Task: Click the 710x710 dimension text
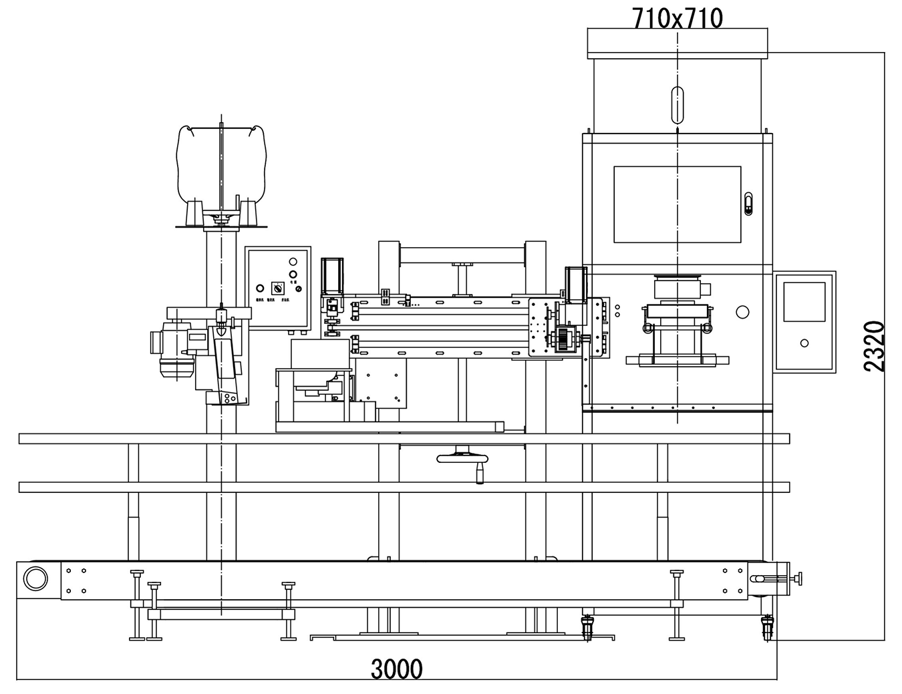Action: tap(677, 19)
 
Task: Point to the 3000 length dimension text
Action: tap(397, 668)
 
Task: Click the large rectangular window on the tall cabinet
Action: tap(677, 204)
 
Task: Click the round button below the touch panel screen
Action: tap(804, 343)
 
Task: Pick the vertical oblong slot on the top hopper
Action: tap(677, 104)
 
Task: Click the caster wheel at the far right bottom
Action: tap(767, 628)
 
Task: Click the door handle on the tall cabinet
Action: tap(748, 203)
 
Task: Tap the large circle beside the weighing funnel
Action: tap(742, 312)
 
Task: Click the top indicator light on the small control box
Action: tap(293, 261)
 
